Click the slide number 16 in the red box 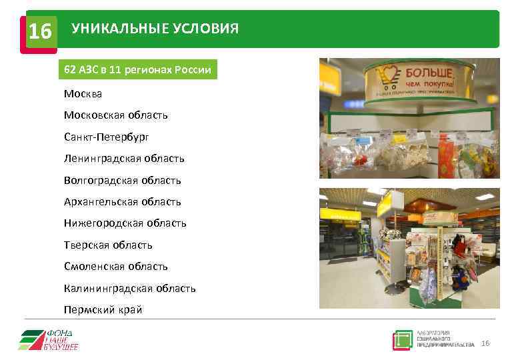(41, 31)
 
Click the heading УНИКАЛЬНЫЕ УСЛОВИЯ (155, 29)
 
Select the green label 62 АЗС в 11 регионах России (137, 70)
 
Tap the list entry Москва (83, 94)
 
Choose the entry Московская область (116, 115)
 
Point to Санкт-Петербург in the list (107, 137)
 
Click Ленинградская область (124, 159)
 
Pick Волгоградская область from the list (123, 180)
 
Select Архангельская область (123, 201)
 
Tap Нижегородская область (125, 223)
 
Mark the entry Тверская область (108, 245)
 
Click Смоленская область (116, 266)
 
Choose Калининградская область (130, 288)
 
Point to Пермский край (103, 309)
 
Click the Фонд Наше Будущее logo (48, 339)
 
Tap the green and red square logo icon (403, 340)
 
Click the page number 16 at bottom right (485, 343)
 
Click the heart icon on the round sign (387, 75)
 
